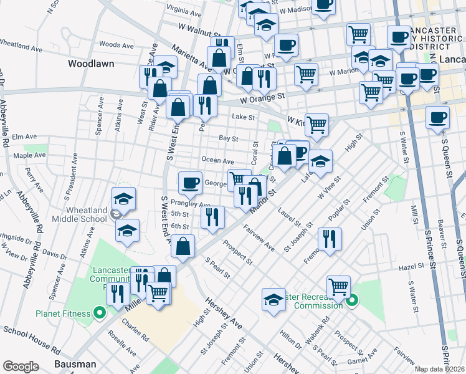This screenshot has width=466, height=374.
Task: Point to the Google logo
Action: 21,366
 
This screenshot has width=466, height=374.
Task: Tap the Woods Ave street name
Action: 117,45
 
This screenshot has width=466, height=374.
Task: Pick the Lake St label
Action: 244,117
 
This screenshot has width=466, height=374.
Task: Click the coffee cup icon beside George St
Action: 191,182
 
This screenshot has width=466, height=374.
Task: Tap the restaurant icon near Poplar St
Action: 328,238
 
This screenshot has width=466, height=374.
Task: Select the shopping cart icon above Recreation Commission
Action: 338,287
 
